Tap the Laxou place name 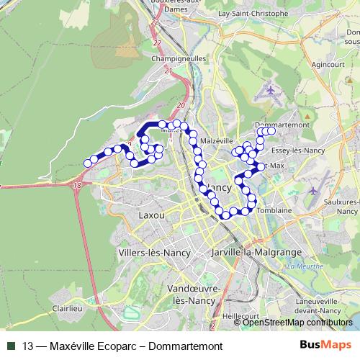[151, 215]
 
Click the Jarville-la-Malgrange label [250, 253]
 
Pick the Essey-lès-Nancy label [297, 151]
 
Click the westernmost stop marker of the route [88, 163]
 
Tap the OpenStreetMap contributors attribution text [298, 323]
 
